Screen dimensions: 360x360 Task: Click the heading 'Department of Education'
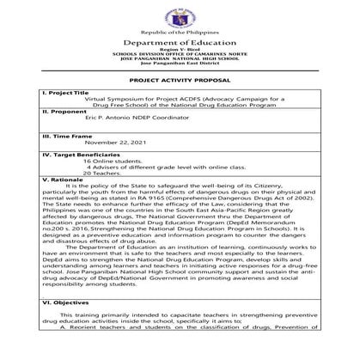pos(180,42)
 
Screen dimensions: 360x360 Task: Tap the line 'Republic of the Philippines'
pos(180,31)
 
